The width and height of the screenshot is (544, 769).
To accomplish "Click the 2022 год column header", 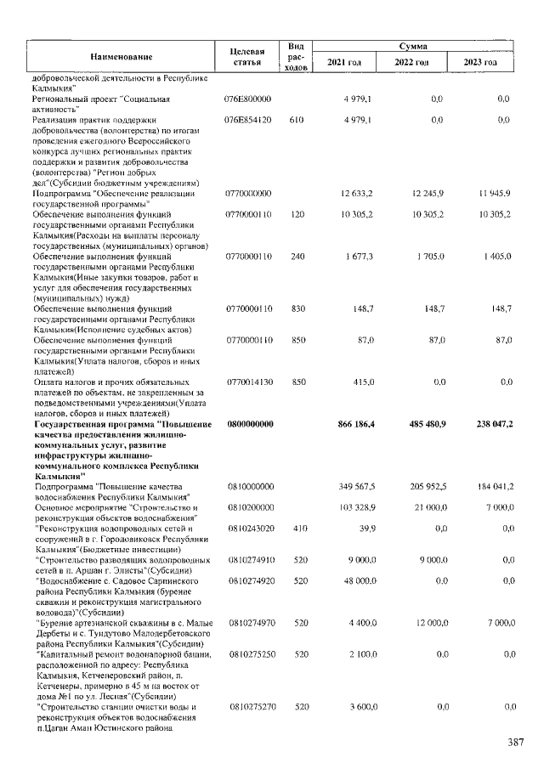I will tap(416, 63).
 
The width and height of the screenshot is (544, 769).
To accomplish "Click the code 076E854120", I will tap(248, 121).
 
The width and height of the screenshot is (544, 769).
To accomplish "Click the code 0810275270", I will tap(248, 707).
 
